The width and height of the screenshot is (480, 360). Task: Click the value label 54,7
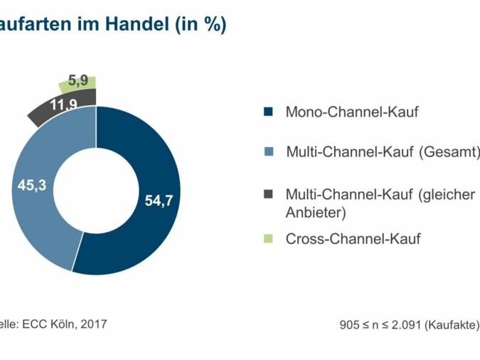[159, 201]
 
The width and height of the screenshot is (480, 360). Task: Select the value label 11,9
[64, 105]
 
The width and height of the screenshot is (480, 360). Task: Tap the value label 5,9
[78, 80]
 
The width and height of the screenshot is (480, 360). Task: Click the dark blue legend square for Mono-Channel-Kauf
[268, 112]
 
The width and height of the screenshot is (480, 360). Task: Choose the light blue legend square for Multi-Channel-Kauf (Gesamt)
[268, 152]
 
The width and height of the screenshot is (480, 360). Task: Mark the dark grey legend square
[268, 194]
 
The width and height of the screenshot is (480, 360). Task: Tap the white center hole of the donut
[95, 191]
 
